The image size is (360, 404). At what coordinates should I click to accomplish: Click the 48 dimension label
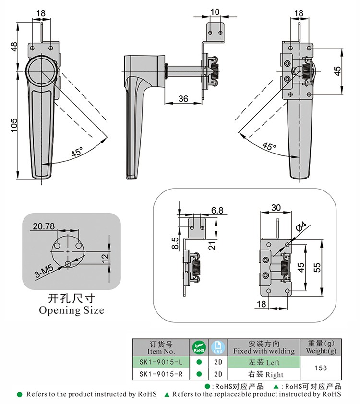click(14, 47)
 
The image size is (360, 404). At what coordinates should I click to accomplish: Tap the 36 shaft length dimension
click(183, 98)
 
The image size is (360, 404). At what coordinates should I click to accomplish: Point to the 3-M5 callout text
click(45, 273)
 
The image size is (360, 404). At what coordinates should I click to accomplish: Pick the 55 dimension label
click(317, 268)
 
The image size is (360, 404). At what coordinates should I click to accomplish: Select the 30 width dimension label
click(275, 208)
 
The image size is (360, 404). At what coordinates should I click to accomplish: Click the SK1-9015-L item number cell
click(161, 362)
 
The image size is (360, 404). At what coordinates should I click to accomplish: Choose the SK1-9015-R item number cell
click(161, 374)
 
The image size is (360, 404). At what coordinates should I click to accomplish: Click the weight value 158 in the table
click(320, 368)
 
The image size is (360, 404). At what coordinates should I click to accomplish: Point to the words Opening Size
click(72, 310)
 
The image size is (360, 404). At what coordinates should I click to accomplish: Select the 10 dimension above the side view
click(215, 12)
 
